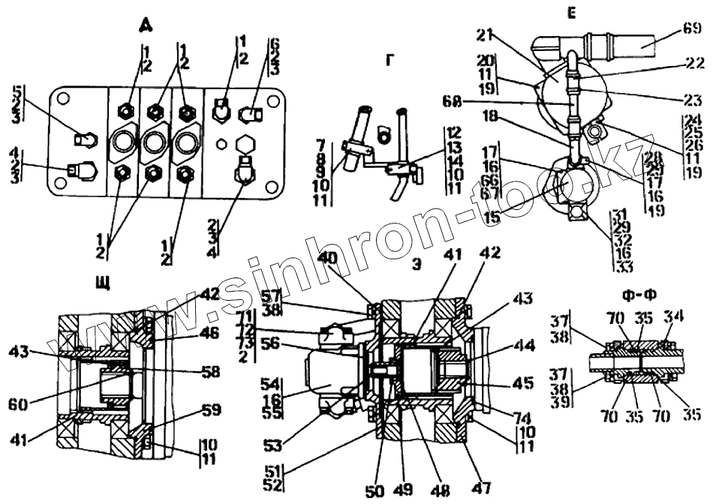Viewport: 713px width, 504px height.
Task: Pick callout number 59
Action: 211,409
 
